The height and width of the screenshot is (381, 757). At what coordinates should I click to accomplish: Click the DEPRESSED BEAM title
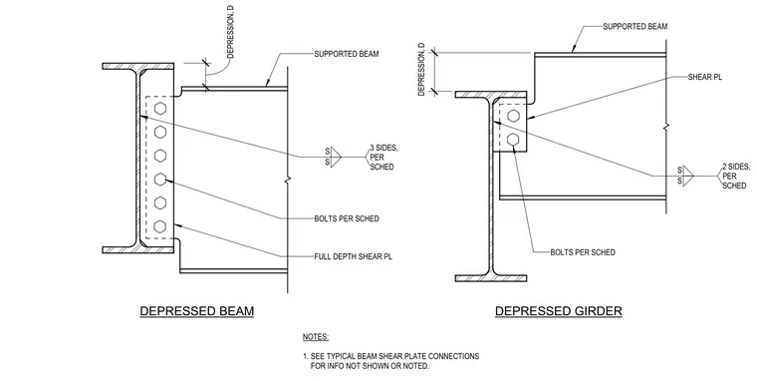pos(197,310)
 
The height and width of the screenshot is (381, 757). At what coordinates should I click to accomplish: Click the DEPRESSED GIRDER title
pos(559,310)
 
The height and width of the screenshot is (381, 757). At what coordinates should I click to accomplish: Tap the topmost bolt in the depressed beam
pos(160,109)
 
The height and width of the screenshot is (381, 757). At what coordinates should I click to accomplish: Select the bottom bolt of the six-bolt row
pos(160,226)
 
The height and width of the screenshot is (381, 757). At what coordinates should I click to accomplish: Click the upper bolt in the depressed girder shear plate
pos(514,116)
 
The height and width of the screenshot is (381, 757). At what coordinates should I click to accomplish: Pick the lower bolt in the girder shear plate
pos(514,140)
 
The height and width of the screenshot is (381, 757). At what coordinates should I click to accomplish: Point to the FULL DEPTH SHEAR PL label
pos(354,256)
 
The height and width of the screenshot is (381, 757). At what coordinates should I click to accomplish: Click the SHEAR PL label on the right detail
pos(705,77)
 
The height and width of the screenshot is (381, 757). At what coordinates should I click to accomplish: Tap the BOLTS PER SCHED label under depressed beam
pos(347,218)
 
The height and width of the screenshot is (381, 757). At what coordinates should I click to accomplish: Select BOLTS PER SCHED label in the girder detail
pos(583,252)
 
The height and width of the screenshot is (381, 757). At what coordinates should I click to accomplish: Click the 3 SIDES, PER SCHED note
pos(383,158)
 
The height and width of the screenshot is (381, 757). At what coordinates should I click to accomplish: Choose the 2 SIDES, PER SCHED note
pos(736,176)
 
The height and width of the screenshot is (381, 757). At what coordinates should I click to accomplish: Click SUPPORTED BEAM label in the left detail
pos(347,54)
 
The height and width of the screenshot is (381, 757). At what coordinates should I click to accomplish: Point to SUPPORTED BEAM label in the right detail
pos(635,26)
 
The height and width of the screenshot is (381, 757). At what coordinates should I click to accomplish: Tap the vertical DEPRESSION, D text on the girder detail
pos(422,69)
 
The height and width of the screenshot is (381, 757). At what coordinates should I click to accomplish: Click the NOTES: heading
pos(316,337)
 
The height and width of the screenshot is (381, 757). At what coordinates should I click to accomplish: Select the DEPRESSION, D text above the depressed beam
pos(230,32)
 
